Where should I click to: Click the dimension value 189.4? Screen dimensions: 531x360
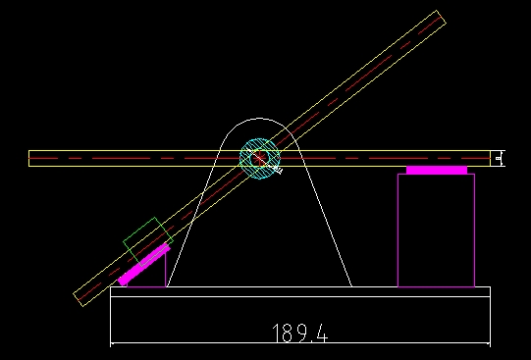[x=300, y=334]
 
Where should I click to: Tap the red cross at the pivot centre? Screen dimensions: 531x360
[x=259, y=158]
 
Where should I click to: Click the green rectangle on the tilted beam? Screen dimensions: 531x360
[x=148, y=241]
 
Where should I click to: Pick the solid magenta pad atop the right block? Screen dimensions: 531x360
[x=437, y=170]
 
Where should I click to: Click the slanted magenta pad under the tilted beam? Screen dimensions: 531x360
[x=144, y=265]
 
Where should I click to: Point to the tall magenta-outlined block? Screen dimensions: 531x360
[x=436, y=231]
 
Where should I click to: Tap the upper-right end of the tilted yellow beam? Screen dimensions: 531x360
[x=441, y=17]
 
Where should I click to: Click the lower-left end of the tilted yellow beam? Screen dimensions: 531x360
[x=79, y=299]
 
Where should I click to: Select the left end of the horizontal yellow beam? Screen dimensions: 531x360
[x=29, y=158]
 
